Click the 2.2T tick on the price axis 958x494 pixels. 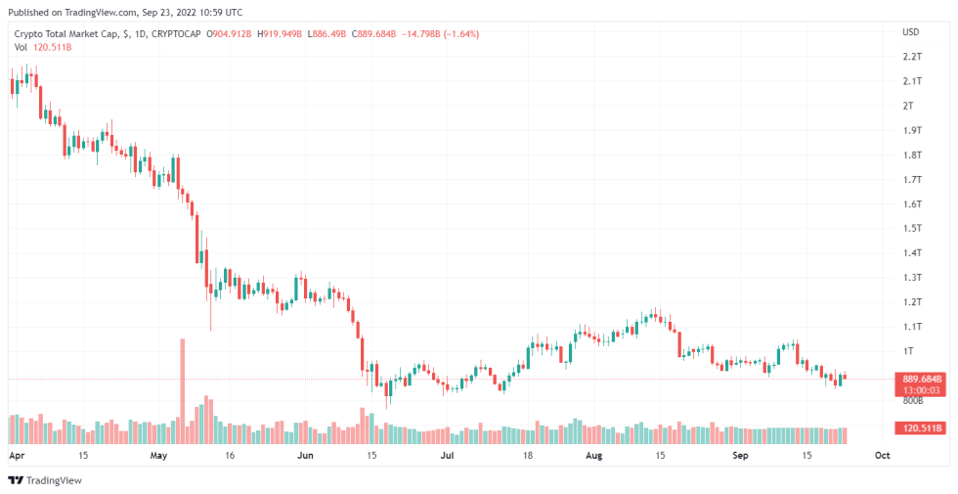click(912, 57)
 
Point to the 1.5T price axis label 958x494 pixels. click(912, 228)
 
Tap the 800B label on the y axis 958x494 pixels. click(913, 399)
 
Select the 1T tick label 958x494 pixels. click(909, 350)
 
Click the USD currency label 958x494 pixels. click(911, 32)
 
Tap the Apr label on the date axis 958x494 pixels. click(16, 455)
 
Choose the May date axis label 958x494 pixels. click(160, 455)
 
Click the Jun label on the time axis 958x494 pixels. click(305, 455)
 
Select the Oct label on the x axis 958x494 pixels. click(882, 455)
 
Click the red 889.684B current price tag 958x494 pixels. click(921, 378)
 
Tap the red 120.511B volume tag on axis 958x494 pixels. click(921, 428)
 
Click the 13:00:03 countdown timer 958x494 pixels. click(920, 388)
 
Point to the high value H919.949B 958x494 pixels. click(279, 34)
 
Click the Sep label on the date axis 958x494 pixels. click(740, 455)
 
